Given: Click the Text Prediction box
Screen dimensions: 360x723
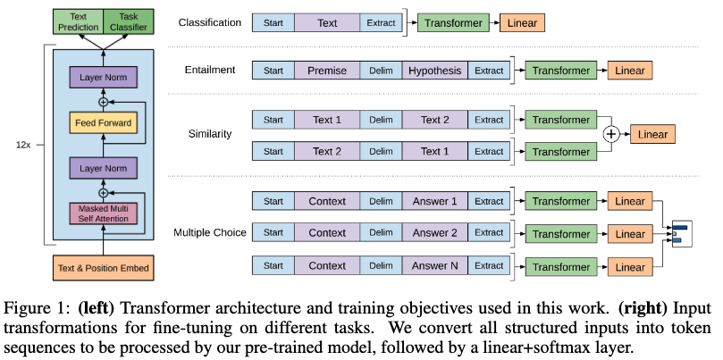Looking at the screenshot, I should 78,21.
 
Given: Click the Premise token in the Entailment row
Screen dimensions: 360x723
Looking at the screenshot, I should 327,70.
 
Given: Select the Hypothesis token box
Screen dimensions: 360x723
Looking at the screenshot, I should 435,70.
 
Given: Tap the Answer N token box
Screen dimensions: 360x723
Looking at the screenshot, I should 435,266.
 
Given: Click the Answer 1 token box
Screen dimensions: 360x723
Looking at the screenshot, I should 435,201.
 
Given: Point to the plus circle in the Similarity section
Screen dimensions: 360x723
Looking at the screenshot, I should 612,135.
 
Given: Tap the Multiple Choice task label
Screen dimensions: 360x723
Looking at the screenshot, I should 208,234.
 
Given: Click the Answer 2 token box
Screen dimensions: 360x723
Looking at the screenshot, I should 435,233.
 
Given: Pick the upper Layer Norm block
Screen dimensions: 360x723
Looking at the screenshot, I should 104,79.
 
